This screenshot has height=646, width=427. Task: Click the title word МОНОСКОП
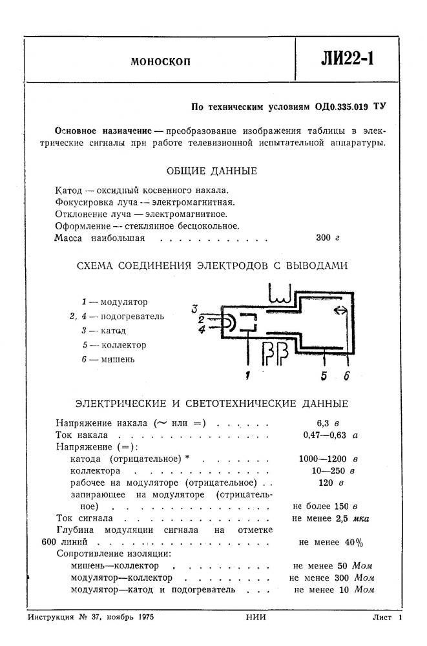160,63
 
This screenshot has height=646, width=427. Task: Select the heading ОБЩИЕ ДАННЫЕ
211,171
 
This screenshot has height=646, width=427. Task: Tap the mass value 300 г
328,238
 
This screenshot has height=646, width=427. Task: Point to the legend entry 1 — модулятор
114,302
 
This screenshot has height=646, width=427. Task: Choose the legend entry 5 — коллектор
114,345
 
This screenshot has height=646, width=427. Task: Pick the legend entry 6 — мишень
109,359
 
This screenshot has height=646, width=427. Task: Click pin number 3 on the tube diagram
194,308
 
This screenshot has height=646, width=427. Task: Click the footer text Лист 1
388,618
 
